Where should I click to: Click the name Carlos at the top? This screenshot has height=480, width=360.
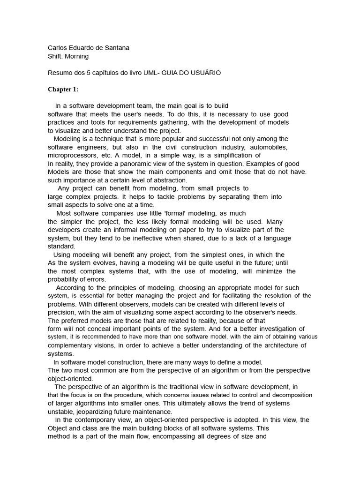(59, 47)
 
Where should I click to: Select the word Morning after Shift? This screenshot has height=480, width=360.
(77, 56)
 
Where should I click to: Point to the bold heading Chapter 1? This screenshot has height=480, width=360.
(63, 89)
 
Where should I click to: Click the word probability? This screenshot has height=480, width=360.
(64, 279)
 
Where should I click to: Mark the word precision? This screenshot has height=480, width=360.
(62, 312)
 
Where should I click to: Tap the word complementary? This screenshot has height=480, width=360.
(72, 345)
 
